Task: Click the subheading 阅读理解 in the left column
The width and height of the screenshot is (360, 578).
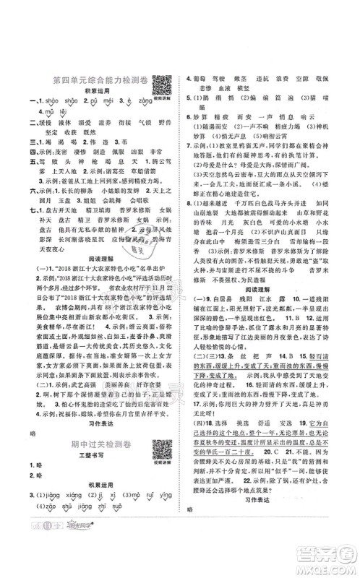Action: point(96,266)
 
